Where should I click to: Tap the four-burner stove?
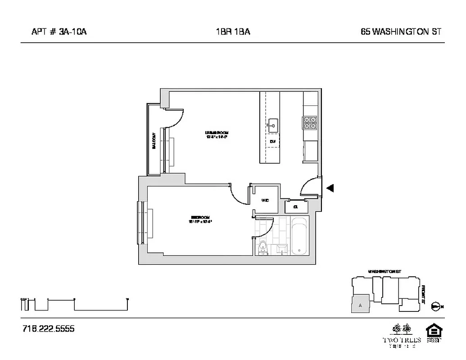(x=310, y=123)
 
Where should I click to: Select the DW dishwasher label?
(x=272, y=142)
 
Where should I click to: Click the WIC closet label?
(x=265, y=201)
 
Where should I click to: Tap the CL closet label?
(x=296, y=207)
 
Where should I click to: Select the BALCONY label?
(x=154, y=140)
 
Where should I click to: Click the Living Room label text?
(x=214, y=135)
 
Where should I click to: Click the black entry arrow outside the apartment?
(x=330, y=188)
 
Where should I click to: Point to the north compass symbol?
(x=435, y=306)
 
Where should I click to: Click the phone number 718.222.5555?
(x=48, y=329)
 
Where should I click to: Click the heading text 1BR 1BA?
(x=233, y=32)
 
